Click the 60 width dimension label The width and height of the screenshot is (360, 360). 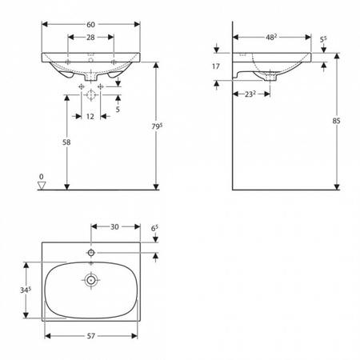90,25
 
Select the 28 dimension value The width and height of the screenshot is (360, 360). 90,38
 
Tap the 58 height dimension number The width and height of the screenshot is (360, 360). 66,142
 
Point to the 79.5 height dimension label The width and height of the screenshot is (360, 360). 157,126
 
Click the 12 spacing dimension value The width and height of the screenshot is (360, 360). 90,117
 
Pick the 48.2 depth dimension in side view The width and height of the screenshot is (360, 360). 271,38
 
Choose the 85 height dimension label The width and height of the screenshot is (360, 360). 336,121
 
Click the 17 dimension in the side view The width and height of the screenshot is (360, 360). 216,66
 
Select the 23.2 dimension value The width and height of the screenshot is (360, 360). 250,94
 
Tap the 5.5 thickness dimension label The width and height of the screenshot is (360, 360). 323,40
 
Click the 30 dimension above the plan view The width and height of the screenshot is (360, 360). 114,227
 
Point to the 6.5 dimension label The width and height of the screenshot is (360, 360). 154,228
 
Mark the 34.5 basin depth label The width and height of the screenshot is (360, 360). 26,290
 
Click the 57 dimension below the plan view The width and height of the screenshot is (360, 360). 91,336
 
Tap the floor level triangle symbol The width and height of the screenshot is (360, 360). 42,186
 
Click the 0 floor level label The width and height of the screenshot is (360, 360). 42,177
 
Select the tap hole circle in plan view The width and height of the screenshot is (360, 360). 91,252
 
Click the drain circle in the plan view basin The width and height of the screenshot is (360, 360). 91,280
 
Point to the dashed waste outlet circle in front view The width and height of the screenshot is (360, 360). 91,94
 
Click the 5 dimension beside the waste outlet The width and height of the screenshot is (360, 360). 118,110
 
